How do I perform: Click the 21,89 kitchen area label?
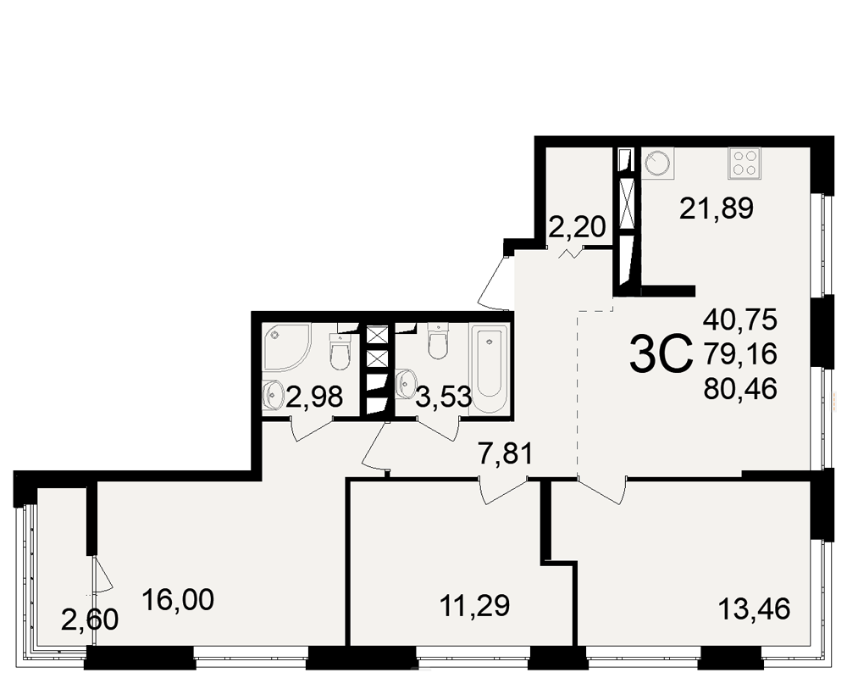[x=717, y=208]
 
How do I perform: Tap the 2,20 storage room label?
[x=577, y=227]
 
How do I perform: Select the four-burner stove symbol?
[x=745, y=164]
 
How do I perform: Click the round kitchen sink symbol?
[x=657, y=164]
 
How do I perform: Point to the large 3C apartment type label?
[x=662, y=354]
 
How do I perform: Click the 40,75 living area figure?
[x=740, y=319]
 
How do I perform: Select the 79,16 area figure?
[x=740, y=353]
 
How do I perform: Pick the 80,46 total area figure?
[x=740, y=388]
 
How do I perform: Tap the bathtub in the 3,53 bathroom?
[x=489, y=369]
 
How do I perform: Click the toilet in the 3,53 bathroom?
[x=438, y=341]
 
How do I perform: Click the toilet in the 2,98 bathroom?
[x=340, y=352]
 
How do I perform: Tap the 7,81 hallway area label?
[x=506, y=453]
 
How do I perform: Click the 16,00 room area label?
[x=178, y=599]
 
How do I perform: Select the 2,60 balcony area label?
[x=90, y=620]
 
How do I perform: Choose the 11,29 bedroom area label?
[x=475, y=606]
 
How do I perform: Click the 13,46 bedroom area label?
[x=754, y=609]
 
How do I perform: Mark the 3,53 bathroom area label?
[x=444, y=398]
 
